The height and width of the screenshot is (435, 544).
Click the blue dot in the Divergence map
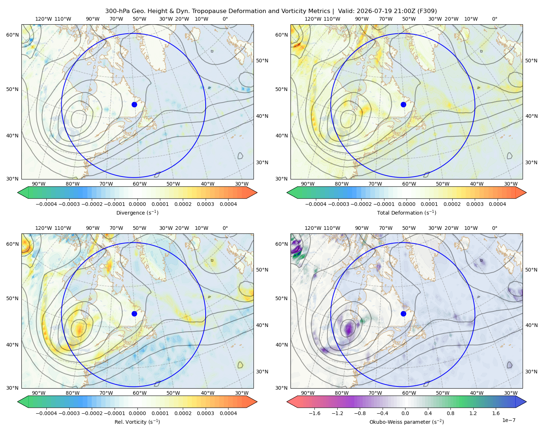click(x=134, y=104)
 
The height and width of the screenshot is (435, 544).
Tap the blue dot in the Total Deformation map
click(x=403, y=104)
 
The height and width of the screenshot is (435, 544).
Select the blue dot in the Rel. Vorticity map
click(x=134, y=314)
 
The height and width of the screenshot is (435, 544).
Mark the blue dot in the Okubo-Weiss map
click(x=403, y=314)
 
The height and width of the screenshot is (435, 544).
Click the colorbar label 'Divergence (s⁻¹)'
click(x=137, y=212)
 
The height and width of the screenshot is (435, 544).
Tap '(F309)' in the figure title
click(x=427, y=11)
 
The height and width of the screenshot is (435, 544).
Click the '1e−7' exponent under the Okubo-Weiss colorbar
click(x=508, y=420)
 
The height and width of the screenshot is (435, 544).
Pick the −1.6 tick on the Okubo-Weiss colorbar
click(x=314, y=413)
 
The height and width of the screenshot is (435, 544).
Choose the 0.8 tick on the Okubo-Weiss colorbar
click(x=450, y=413)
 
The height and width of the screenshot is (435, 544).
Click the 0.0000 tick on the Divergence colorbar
click(x=137, y=204)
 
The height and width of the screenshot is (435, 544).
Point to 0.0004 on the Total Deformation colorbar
click(x=498, y=204)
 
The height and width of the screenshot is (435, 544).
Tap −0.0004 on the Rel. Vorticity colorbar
click(x=46, y=413)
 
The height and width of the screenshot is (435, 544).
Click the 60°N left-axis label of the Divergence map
click(x=12, y=35)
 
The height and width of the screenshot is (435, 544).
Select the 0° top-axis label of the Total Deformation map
click(x=494, y=19)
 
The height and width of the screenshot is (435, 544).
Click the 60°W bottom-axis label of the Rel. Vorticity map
click(x=140, y=393)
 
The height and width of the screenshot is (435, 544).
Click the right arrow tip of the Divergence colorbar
click(x=257, y=192)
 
